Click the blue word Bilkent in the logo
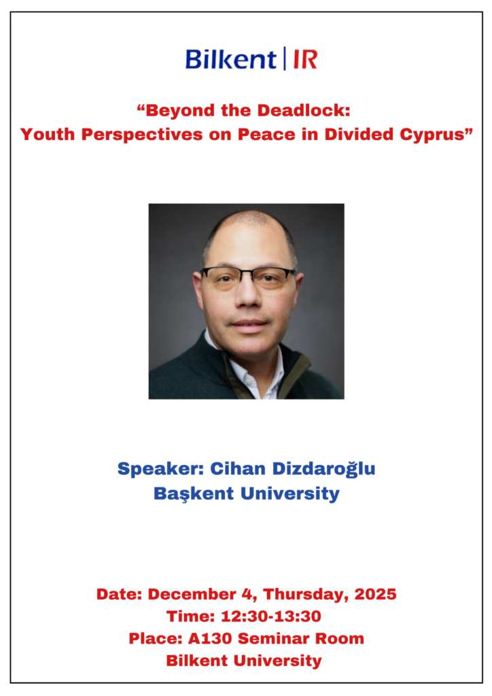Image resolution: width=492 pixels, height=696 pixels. coord(230,59)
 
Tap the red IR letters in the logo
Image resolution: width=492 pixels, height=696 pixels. coord(305,60)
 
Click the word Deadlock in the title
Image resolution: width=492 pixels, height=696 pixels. coord(304,111)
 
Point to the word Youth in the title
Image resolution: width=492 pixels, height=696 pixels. coord(48,135)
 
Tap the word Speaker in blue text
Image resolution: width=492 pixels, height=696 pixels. coord(160,469)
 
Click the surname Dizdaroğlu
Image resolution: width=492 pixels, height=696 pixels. coord(324,469)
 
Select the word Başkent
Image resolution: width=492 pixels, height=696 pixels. coord(194,493)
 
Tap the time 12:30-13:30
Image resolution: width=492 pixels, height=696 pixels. coord(270,616)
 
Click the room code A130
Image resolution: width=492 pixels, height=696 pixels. coord(210,639)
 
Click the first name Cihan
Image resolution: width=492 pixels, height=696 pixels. coord(238,469)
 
